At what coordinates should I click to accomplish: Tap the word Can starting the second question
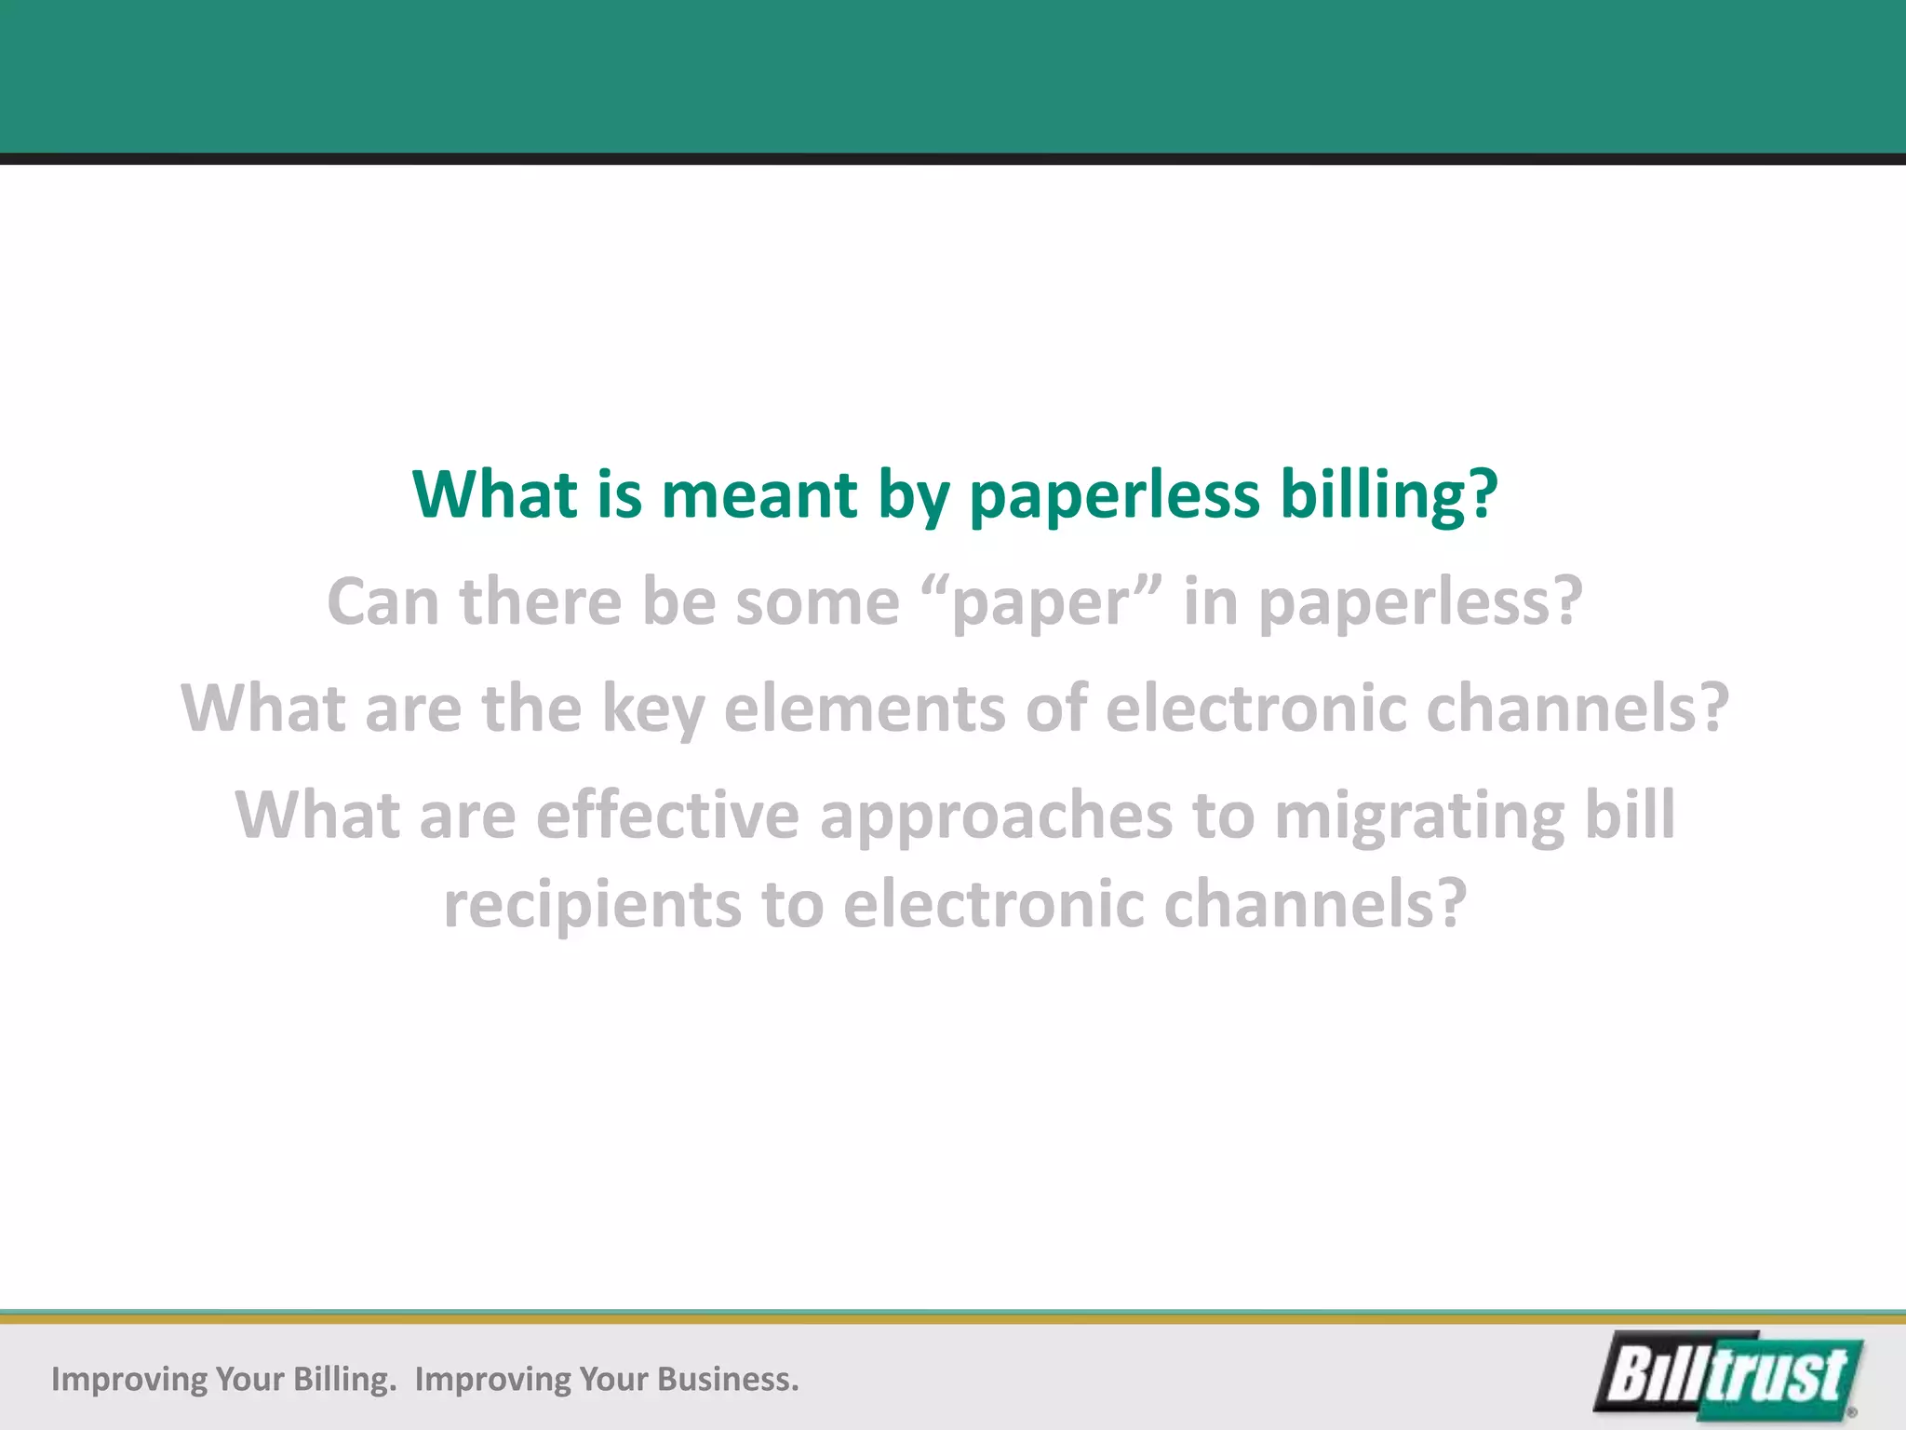(x=383, y=601)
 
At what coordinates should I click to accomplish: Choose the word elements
(x=865, y=708)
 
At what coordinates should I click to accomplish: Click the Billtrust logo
(x=1729, y=1376)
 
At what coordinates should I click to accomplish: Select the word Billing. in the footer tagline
(x=344, y=1379)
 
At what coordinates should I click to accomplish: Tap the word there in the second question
(x=540, y=601)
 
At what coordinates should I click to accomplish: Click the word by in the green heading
(x=913, y=495)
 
